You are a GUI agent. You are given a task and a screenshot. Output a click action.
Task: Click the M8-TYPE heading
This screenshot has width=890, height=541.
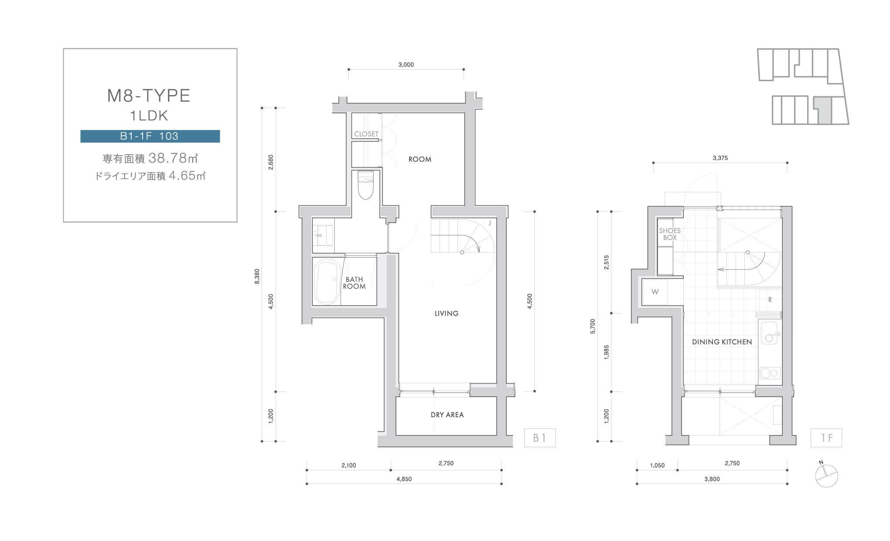149,95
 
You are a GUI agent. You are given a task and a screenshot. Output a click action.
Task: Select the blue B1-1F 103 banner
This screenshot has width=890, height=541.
150,136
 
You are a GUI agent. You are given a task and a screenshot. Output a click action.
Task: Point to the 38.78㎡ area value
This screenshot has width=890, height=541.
174,157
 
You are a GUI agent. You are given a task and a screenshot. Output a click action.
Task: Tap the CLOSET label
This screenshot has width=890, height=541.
366,134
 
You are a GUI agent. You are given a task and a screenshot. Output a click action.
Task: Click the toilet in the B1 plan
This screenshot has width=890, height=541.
365,184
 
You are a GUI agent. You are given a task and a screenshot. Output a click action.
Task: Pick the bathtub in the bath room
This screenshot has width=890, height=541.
327,282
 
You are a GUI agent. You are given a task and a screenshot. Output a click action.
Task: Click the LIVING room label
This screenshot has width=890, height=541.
447,313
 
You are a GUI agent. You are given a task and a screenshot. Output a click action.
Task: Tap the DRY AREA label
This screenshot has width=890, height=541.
447,415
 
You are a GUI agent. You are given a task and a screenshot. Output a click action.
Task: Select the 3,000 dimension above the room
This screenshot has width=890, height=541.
406,65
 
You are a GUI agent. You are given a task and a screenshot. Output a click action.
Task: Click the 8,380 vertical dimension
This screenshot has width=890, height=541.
257,276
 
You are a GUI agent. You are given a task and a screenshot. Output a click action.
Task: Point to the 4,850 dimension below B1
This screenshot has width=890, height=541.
404,479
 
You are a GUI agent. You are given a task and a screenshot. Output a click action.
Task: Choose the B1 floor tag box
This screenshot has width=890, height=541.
540,438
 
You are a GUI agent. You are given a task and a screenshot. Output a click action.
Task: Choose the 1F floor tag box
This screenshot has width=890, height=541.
826,438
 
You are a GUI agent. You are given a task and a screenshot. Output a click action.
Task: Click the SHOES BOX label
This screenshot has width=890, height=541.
670,234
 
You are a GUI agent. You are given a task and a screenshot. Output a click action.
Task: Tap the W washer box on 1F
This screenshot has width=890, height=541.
655,292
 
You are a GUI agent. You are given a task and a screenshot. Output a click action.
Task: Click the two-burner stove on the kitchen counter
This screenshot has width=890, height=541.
770,373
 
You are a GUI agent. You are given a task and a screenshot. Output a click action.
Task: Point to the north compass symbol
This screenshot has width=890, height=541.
826,475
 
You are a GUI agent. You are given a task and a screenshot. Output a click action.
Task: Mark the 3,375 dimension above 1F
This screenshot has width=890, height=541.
720,158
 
